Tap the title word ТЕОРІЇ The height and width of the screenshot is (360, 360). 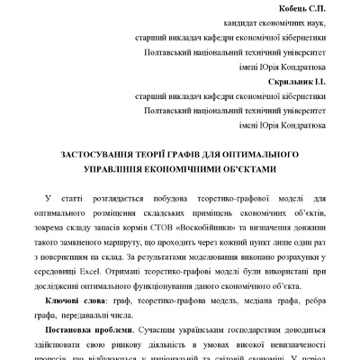(152, 154)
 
